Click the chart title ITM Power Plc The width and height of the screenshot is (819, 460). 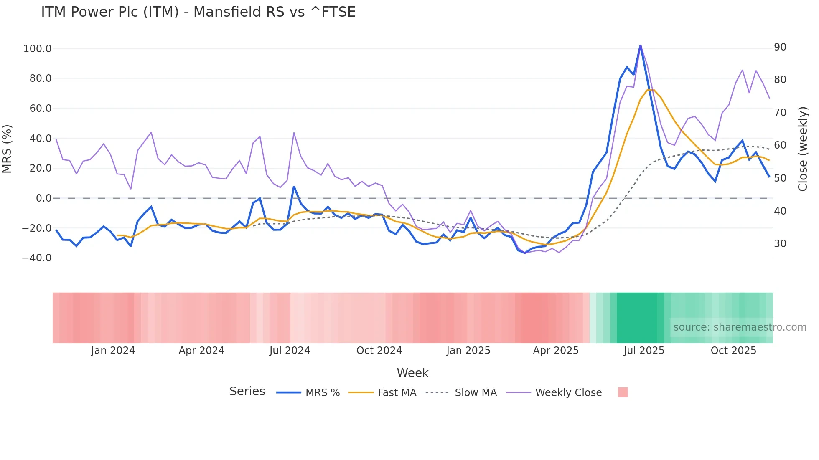(x=198, y=12)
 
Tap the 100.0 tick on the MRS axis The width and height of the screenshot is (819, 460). (x=37, y=49)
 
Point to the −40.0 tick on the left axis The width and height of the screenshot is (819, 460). (x=36, y=258)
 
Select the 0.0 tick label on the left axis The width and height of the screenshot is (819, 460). (x=43, y=198)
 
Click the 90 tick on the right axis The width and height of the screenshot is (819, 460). (x=780, y=47)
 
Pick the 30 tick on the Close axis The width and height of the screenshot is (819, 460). (x=780, y=244)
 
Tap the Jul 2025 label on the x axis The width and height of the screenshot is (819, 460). (x=644, y=351)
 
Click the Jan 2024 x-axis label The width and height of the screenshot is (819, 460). (x=113, y=351)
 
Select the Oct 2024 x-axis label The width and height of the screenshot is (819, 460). (x=379, y=351)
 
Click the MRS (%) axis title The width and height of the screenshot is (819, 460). (x=7, y=149)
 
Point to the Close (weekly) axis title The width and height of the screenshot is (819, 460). (x=803, y=149)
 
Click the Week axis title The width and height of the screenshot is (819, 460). (x=412, y=373)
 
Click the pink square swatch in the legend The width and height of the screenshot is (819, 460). (x=623, y=393)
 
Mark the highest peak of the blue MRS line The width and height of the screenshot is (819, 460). (x=640, y=45)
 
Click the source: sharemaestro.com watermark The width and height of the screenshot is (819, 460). (x=740, y=327)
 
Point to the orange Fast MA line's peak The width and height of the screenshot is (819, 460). (x=651, y=89)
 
